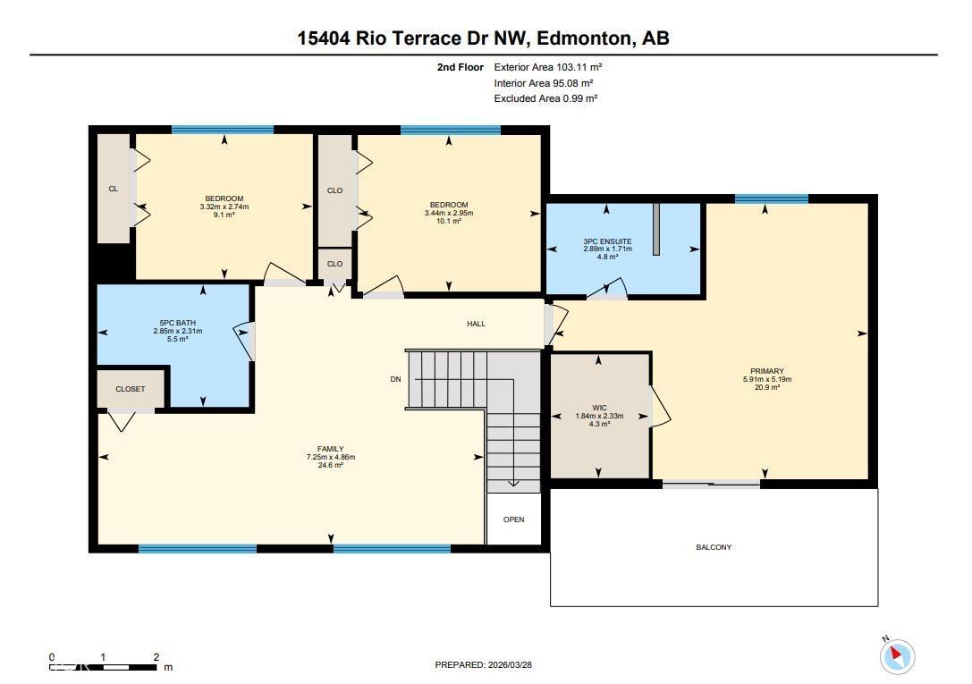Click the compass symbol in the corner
coord(897,656)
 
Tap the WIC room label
coord(599,408)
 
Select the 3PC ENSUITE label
coord(607,241)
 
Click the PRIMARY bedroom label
coord(766,371)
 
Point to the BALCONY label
coord(714,547)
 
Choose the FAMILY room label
coord(330,449)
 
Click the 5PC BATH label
coord(177,323)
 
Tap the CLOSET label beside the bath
coord(130,389)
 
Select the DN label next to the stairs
coord(395,379)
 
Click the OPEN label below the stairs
coord(513,519)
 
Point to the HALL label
coord(476,324)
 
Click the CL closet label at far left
coord(114,189)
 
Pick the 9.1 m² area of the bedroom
coord(224,215)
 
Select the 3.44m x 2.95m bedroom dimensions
coord(448,213)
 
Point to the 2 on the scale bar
coord(156,657)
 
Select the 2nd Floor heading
coord(461,67)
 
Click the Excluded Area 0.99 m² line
coord(545,98)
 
